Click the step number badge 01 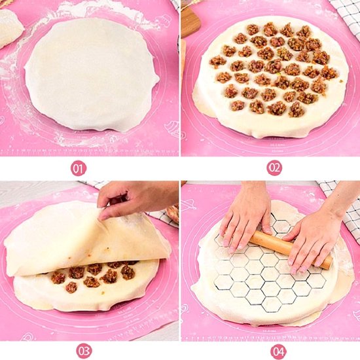pos(79,168)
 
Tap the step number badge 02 pos(274,168)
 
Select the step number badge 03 pos(84,350)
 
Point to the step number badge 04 pos(278,350)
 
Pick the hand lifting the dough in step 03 pos(134,196)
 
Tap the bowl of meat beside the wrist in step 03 pos(173,213)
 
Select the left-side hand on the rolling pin pos(245,219)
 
